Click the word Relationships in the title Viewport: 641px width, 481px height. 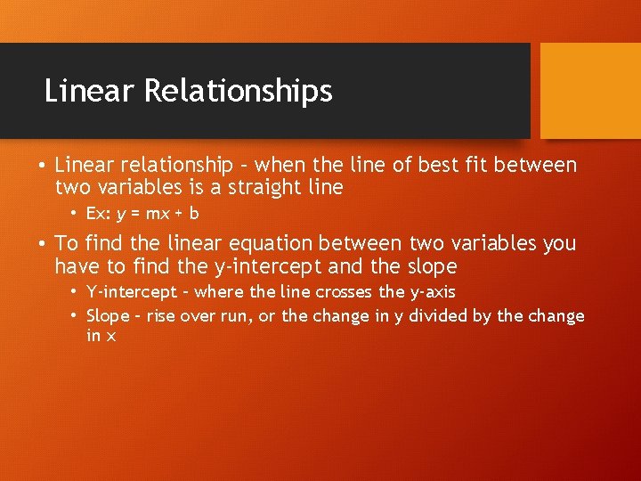tap(238, 91)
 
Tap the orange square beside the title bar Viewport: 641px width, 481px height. tap(591, 91)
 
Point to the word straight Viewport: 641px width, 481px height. tap(259, 188)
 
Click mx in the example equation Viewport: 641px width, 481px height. tap(158, 214)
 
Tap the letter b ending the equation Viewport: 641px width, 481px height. tap(194, 214)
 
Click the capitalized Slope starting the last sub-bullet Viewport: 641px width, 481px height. tap(108, 315)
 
